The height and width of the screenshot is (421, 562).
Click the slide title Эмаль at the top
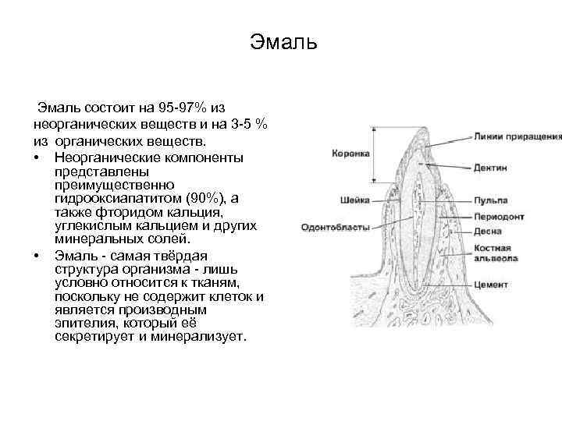(x=283, y=41)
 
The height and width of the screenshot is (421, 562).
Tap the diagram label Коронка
(x=351, y=154)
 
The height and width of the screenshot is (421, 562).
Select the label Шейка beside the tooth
(x=356, y=200)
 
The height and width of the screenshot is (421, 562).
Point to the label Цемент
(x=491, y=285)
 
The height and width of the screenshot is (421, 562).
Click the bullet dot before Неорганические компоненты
(x=37, y=157)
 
